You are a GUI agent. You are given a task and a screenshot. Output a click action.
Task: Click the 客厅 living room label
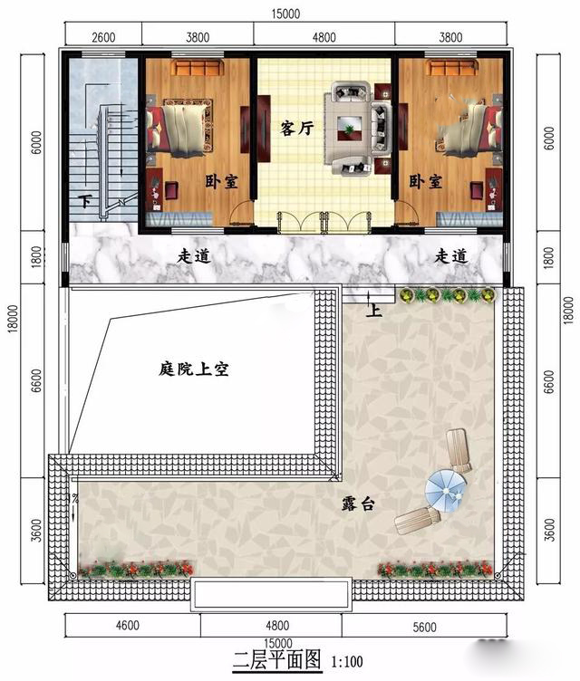(x=297, y=129)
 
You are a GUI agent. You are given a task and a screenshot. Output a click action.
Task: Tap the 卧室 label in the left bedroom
(x=222, y=181)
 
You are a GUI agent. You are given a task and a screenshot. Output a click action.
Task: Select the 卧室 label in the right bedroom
(x=426, y=181)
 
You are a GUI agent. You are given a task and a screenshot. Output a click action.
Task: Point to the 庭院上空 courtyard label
(x=193, y=369)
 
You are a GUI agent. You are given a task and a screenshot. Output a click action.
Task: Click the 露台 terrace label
(x=358, y=504)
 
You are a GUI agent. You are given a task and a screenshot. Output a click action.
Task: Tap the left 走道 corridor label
(x=194, y=255)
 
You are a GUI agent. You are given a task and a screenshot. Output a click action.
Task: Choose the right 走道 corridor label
(x=451, y=255)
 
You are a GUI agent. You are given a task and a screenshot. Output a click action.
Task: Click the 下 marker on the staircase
(x=86, y=202)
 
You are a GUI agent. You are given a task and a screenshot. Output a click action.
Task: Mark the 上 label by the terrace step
(x=374, y=310)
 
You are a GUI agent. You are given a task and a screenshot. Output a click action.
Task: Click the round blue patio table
(x=445, y=492)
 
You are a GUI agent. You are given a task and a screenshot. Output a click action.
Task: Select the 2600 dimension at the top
(x=103, y=37)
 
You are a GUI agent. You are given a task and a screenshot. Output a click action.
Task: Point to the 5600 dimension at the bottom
(x=424, y=628)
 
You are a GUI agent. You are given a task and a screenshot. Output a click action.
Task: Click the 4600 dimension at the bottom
(x=128, y=626)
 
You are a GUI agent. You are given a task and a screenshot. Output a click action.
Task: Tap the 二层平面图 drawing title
(x=277, y=660)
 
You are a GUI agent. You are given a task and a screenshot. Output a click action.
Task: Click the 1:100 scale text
(x=347, y=662)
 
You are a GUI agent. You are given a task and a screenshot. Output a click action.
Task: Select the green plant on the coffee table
(x=348, y=129)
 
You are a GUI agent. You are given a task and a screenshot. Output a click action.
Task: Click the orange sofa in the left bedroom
(x=198, y=67)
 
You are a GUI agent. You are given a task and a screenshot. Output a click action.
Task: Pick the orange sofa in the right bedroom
(x=452, y=67)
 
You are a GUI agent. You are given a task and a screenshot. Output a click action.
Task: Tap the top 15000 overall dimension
(x=285, y=14)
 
